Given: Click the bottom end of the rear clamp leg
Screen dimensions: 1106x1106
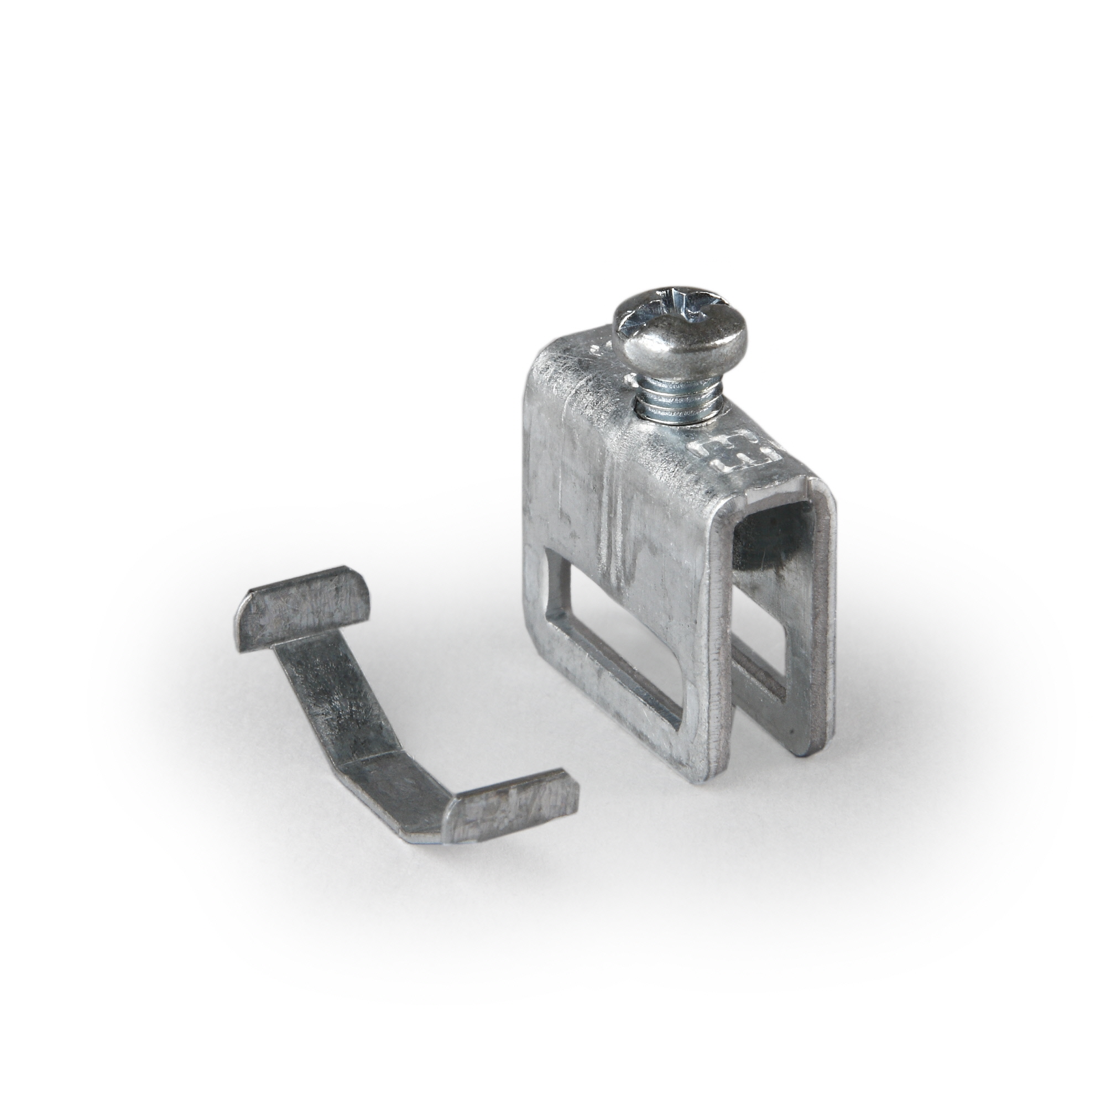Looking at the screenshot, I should [801, 744].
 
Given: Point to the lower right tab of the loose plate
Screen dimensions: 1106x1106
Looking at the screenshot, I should [515, 807].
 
